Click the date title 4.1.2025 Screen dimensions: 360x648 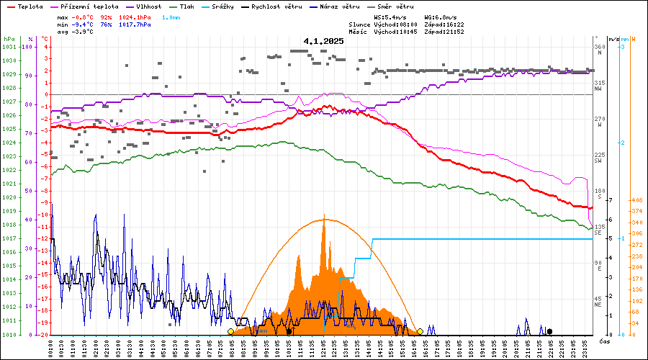tap(323, 41)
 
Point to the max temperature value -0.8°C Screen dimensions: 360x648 tap(84, 16)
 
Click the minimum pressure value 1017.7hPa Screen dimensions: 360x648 tap(135, 24)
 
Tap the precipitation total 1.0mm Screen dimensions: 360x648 tap(171, 16)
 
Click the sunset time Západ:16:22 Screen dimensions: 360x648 tap(444, 24)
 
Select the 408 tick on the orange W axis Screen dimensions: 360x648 tap(636, 200)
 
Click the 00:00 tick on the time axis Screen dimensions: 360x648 tap(50, 347)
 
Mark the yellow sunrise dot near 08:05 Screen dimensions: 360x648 tap(230, 331)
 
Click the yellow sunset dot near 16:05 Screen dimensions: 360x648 tap(420, 331)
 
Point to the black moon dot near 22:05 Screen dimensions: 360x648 tap(549, 331)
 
